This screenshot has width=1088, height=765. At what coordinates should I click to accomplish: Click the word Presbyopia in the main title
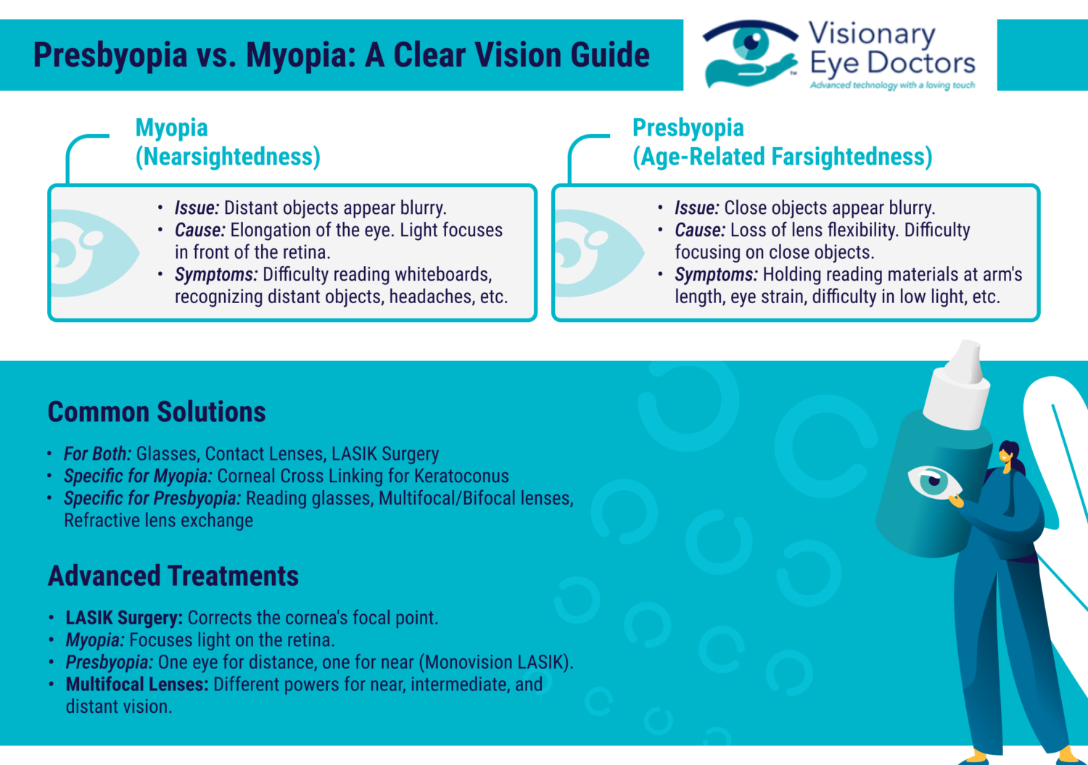coord(110,56)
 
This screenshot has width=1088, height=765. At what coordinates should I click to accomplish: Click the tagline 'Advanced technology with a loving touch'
coord(892,86)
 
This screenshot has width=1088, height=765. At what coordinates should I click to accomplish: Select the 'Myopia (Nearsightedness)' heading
coord(227,142)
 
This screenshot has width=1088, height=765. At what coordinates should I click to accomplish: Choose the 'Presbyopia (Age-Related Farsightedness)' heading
coord(782,142)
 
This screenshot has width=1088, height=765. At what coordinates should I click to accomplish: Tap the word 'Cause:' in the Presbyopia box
coord(700,231)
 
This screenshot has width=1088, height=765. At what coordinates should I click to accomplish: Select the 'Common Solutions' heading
coord(157,412)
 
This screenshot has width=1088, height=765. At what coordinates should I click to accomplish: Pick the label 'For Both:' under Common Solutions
coord(97,454)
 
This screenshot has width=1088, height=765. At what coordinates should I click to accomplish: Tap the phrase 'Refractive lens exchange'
coord(159,521)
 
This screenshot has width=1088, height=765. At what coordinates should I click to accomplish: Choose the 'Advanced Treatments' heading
coord(173,576)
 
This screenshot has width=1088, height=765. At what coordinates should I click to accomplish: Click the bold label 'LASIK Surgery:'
coord(124,618)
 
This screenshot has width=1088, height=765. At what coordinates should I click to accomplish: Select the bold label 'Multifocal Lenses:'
coord(137,685)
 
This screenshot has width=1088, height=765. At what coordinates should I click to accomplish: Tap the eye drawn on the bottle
coord(934,481)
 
